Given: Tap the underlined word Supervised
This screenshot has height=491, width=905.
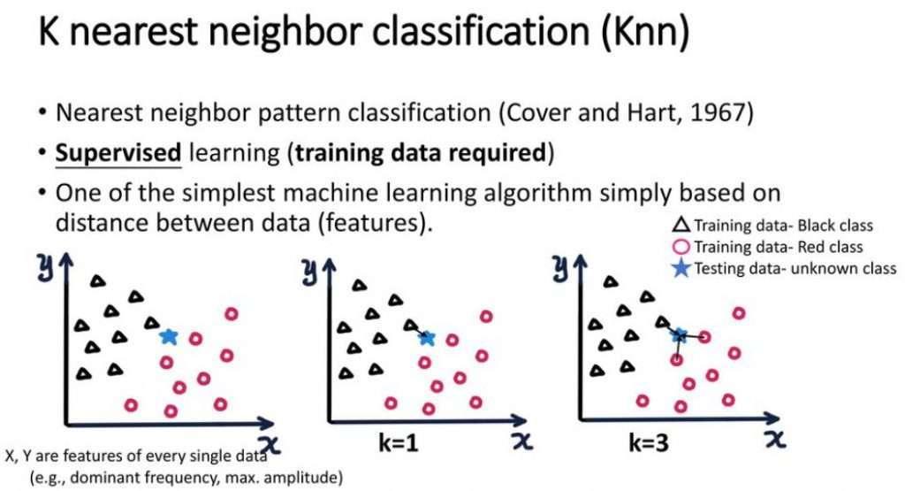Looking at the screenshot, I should click(118, 152).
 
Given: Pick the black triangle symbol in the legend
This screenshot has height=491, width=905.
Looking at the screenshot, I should click(683, 226).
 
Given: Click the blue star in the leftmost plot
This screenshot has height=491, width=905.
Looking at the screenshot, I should click(169, 336).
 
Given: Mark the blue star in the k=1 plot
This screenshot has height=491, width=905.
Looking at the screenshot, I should click(428, 337).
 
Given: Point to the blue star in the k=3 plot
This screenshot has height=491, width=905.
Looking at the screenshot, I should click(680, 335).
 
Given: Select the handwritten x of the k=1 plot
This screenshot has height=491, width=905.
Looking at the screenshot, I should click(523, 440).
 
